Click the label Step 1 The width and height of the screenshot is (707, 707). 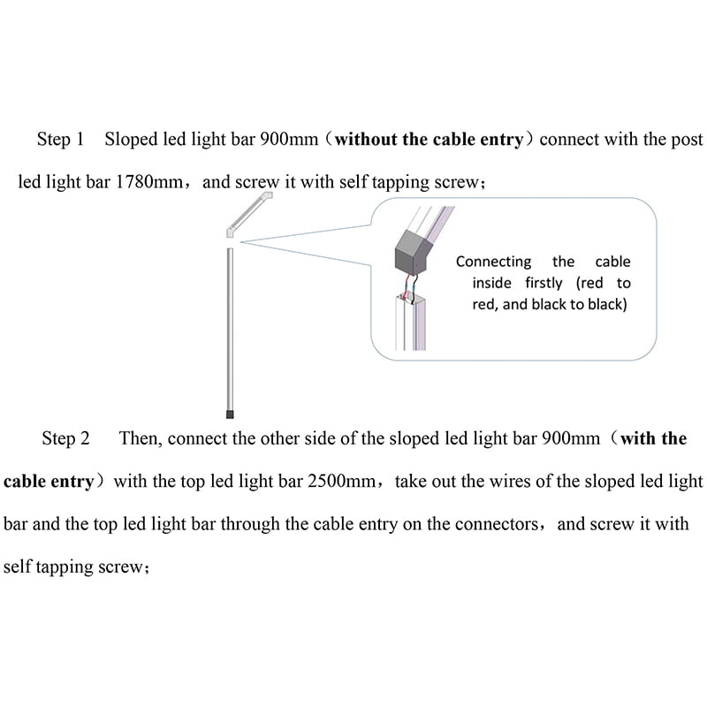60,140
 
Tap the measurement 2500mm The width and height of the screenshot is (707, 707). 345,482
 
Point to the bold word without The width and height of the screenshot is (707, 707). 368,140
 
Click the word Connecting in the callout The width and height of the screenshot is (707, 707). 493,262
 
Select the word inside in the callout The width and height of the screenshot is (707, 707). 493,284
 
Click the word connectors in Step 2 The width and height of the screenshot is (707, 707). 496,524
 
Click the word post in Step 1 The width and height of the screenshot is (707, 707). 688,140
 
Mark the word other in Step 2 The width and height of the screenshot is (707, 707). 288,439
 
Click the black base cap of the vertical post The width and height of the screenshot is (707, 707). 231,413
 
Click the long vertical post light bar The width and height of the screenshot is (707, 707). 231,327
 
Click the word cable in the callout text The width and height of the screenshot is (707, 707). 612,262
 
